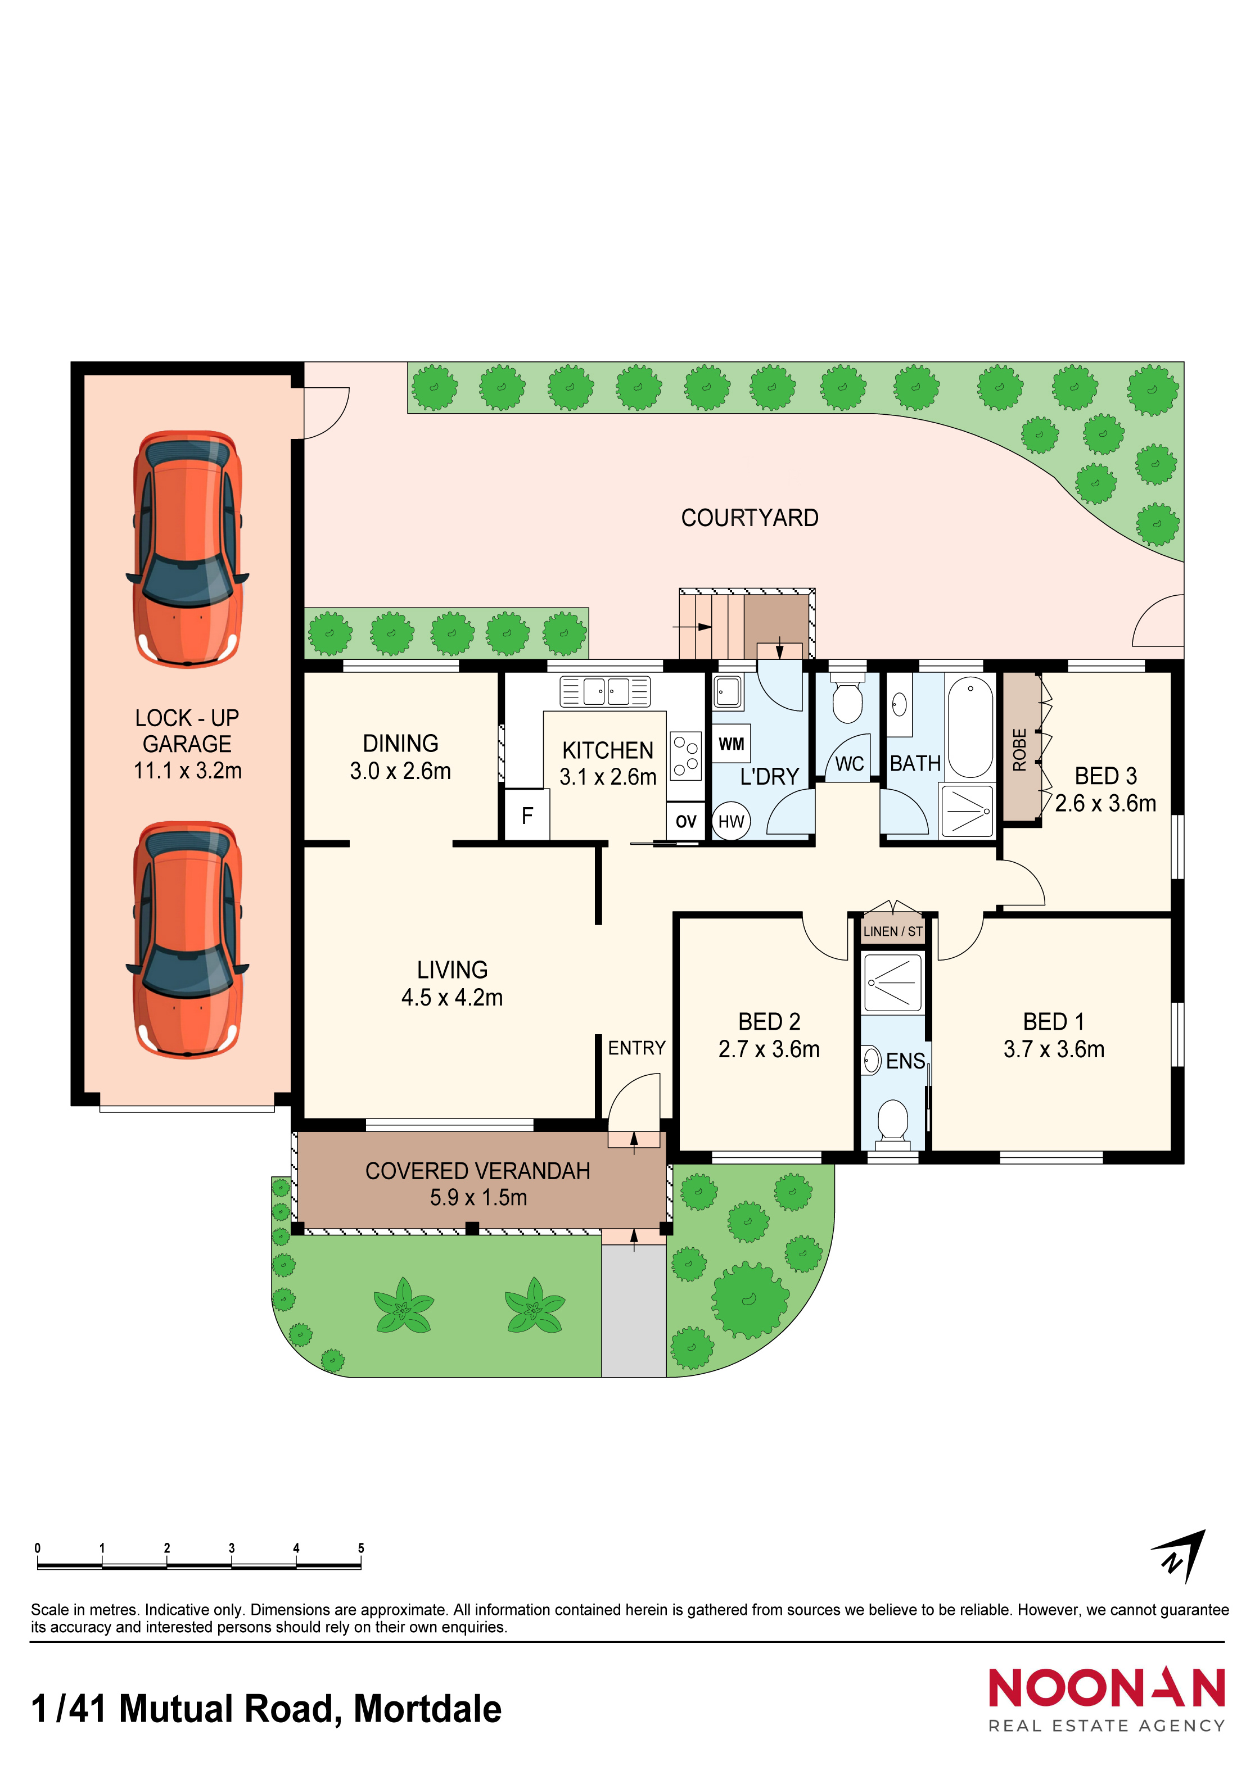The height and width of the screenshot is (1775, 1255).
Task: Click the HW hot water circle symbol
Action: point(731,821)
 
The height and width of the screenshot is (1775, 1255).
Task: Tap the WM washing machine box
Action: point(731,744)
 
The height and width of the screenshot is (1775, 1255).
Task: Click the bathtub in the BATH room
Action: point(970,727)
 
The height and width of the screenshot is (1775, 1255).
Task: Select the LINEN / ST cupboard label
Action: point(893,931)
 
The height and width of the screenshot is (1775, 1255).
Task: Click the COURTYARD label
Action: point(750,518)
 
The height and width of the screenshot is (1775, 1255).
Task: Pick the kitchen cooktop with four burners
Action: point(685,755)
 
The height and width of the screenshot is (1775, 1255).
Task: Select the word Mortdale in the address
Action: point(428,1709)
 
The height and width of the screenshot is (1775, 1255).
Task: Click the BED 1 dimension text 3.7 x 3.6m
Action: point(1054,1049)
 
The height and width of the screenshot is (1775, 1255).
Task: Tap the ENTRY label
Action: point(636,1048)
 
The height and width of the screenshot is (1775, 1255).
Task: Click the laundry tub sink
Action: point(727,691)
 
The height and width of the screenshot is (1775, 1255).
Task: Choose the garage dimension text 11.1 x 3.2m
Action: point(188,770)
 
